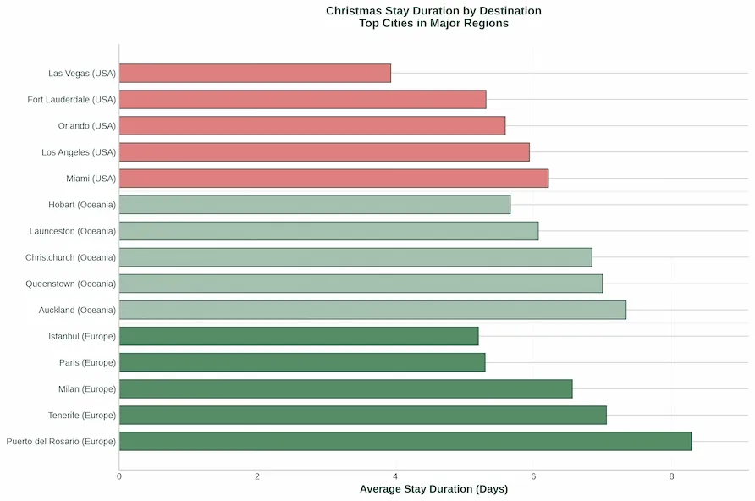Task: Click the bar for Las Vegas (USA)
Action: point(256,73)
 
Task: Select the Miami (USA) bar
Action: point(333,178)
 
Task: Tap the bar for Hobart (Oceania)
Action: point(315,205)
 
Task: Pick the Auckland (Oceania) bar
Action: point(372,310)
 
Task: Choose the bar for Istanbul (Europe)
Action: point(299,336)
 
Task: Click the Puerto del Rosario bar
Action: point(405,441)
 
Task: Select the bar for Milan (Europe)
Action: point(345,388)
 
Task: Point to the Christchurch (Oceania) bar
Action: point(355,257)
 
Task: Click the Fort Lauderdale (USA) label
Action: point(72,100)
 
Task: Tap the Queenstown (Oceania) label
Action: point(71,284)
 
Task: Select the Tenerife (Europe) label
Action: point(82,416)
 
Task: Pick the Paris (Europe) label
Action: point(88,362)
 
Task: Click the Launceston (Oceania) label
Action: point(73,231)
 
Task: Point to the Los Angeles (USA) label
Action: point(79,152)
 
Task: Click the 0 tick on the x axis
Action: point(119,476)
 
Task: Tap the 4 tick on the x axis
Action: point(395,476)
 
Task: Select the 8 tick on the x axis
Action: point(672,476)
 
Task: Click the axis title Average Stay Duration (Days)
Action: point(434,489)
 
